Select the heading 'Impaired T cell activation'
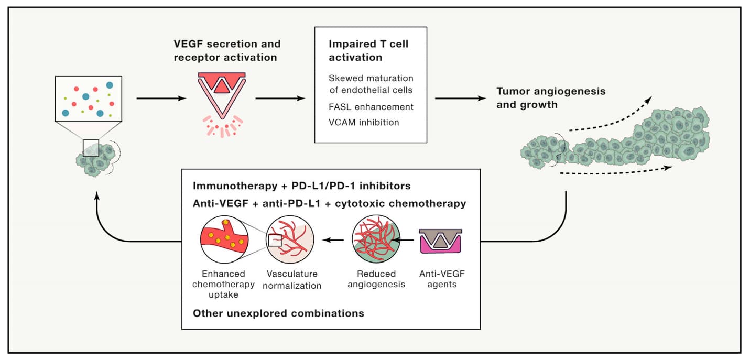368,50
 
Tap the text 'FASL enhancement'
371,107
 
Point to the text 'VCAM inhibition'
364,123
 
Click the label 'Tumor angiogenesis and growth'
551,97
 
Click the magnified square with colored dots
89,99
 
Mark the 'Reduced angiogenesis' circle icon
376,240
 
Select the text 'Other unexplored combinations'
278,313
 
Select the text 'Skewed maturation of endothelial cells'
371,83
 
